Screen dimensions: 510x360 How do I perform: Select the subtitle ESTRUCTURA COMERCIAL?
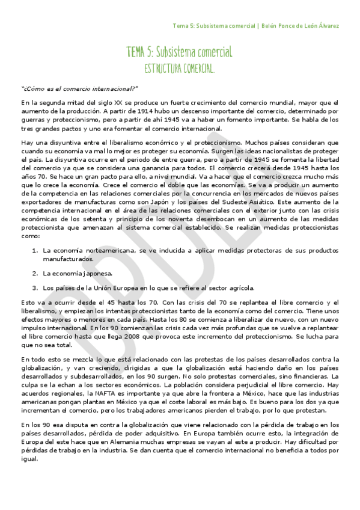coord(180,69)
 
